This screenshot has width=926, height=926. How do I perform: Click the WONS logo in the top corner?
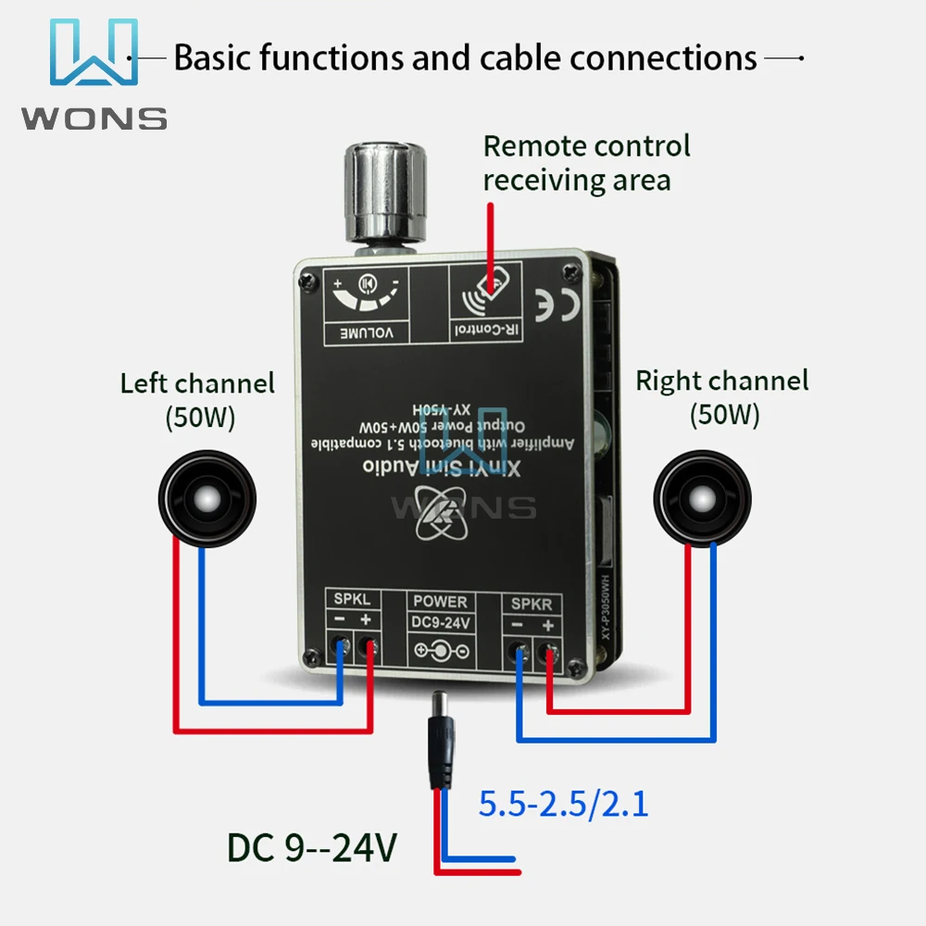tap(93, 74)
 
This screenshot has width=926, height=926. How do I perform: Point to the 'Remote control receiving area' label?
tap(586, 162)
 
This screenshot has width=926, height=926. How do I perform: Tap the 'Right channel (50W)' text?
tap(722, 396)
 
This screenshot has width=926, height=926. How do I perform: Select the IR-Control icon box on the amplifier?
tap(484, 301)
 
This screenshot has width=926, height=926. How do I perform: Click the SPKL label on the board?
tap(352, 600)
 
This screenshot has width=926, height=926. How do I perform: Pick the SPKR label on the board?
tap(532, 604)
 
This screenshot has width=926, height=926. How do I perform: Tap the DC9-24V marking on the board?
tap(441, 623)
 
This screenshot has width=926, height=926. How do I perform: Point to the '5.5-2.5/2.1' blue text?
tap(563, 803)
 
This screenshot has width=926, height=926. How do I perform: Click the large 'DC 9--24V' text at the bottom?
tap(312, 847)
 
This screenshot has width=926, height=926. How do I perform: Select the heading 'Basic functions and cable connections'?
tap(466, 57)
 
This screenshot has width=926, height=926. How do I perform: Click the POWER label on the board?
tap(441, 602)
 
